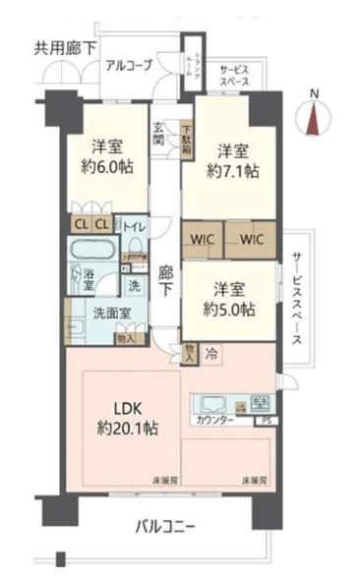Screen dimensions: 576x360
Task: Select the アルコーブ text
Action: click(x=132, y=66)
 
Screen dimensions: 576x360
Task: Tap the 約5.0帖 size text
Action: click(x=234, y=309)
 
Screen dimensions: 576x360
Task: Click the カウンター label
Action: click(x=214, y=420)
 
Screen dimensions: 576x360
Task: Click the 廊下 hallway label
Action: click(x=166, y=279)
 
